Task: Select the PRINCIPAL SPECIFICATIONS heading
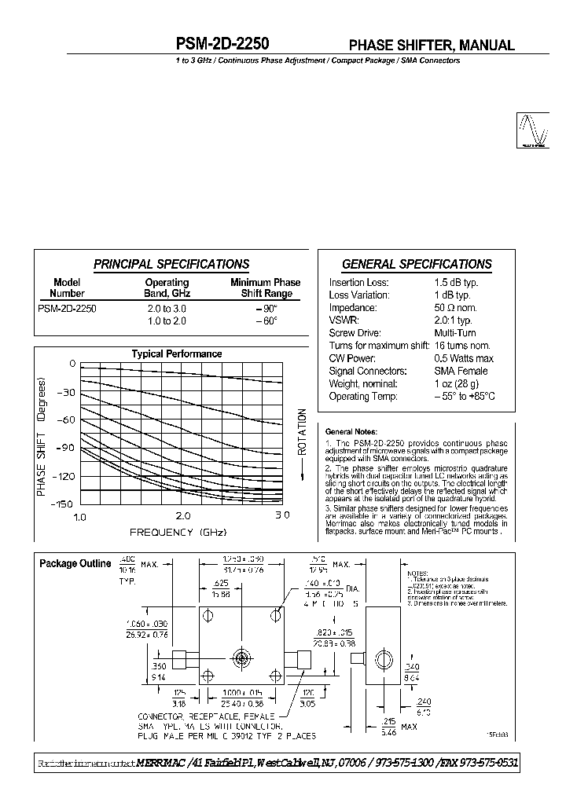171,265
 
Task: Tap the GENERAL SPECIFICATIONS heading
417,265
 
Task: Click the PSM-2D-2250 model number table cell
67,310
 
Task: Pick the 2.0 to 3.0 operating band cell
167,310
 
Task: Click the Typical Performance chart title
176,354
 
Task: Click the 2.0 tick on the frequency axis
182,516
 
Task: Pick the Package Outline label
75,563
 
